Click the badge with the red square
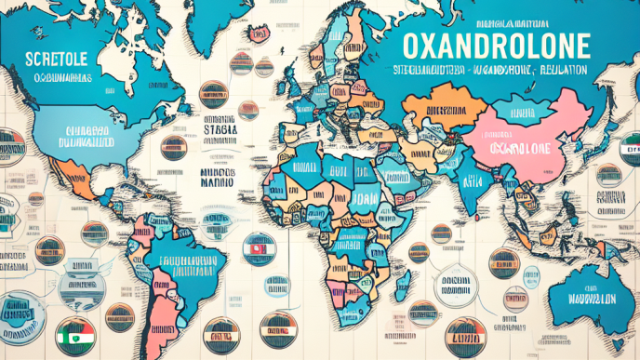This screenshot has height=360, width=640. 256,248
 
